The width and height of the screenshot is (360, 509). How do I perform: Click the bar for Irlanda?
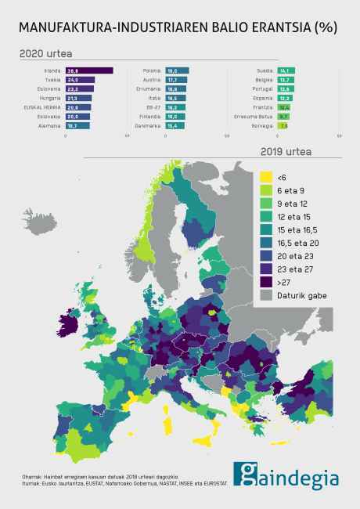tap(89, 70)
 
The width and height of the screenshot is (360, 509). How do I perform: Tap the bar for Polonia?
tap(177, 70)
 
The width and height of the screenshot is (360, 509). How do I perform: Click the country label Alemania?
tap(49, 125)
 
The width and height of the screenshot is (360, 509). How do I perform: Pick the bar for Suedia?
tap(285, 70)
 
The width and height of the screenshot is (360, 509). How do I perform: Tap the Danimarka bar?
tap(175, 125)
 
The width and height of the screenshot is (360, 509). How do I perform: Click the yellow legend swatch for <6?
tap(267, 178)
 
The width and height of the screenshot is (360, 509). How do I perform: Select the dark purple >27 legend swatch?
tap(267, 282)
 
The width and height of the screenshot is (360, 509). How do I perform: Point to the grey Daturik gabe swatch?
tap(267, 295)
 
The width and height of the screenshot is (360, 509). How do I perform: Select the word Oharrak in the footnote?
tap(31, 477)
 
